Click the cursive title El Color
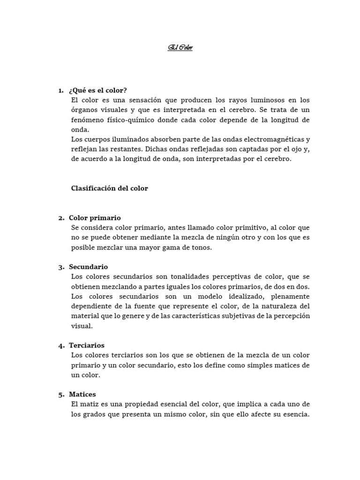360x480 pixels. pyautogui.click(x=180, y=48)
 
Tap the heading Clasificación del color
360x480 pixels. pyautogui.click(x=109, y=188)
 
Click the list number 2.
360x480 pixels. pyautogui.click(x=61, y=218)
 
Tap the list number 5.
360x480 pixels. pyautogui.click(x=61, y=395)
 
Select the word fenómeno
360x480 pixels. pyautogui.click(x=88, y=120)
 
